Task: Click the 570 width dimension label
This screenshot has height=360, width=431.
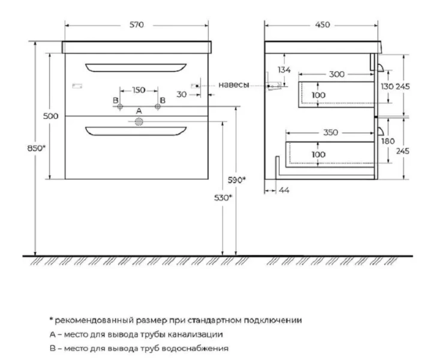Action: [137, 25]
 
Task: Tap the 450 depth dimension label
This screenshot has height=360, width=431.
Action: [323, 25]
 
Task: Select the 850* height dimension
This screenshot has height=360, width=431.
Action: [37, 148]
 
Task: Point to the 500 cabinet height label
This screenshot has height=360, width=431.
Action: [51, 116]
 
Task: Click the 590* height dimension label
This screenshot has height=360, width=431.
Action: [237, 180]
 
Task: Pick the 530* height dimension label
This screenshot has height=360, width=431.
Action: [223, 197]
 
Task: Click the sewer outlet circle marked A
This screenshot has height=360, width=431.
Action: [139, 122]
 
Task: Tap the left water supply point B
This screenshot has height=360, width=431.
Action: [120, 107]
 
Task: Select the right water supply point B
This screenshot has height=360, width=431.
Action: [158, 107]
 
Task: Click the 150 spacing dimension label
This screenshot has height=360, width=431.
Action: [138, 90]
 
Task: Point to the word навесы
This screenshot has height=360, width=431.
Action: [234, 85]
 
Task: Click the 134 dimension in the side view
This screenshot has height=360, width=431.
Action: [284, 70]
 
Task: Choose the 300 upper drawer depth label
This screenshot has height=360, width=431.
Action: [337, 74]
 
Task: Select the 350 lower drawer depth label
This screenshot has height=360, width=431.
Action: [330, 133]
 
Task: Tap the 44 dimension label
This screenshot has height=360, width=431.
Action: [284, 190]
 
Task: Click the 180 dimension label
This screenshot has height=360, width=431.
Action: [388, 141]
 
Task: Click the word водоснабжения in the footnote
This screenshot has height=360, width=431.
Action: [195, 349]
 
